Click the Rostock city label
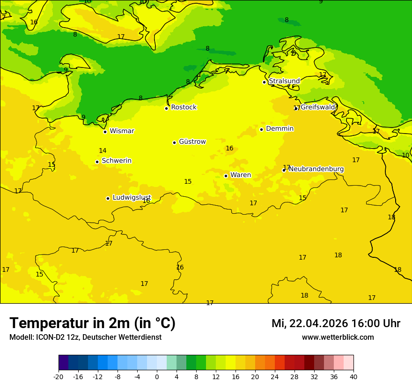click(184, 107)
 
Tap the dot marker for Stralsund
click(264, 82)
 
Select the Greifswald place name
click(317, 107)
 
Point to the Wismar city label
click(122, 131)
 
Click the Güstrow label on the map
click(192, 142)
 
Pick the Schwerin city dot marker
click(97, 162)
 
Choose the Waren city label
click(241, 175)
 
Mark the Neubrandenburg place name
click(316, 169)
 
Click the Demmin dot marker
click(261, 129)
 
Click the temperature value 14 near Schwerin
click(103, 150)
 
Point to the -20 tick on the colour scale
click(59, 376)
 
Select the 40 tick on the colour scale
click(353, 376)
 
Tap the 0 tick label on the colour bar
click(157, 376)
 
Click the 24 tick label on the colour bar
click(275, 376)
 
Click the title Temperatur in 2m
click(92, 323)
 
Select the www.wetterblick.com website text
click(338, 337)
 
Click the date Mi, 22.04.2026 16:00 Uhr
click(336, 323)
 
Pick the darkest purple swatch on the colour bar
click(63, 363)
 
